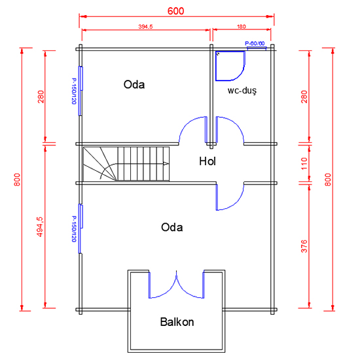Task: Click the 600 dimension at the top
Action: (x=175, y=11)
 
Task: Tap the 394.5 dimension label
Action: (x=145, y=27)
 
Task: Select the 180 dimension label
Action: (x=242, y=27)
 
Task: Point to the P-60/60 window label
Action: (x=255, y=43)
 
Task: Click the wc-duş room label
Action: (x=242, y=90)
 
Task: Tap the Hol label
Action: (x=207, y=161)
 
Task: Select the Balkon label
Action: (x=177, y=321)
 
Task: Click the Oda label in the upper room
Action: (x=134, y=84)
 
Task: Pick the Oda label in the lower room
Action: (x=172, y=227)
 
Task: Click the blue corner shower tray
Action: (x=230, y=66)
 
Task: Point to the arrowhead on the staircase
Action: (x=166, y=164)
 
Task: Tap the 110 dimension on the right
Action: (x=304, y=164)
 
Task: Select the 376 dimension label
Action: (x=304, y=246)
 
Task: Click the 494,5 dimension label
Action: (x=40, y=227)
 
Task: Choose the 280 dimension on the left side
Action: (x=41, y=97)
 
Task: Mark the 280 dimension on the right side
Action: (x=304, y=97)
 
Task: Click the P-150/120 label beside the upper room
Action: (x=74, y=91)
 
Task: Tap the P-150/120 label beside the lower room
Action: (x=74, y=228)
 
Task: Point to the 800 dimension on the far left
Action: (x=17, y=180)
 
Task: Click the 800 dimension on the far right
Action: (x=328, y=180)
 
